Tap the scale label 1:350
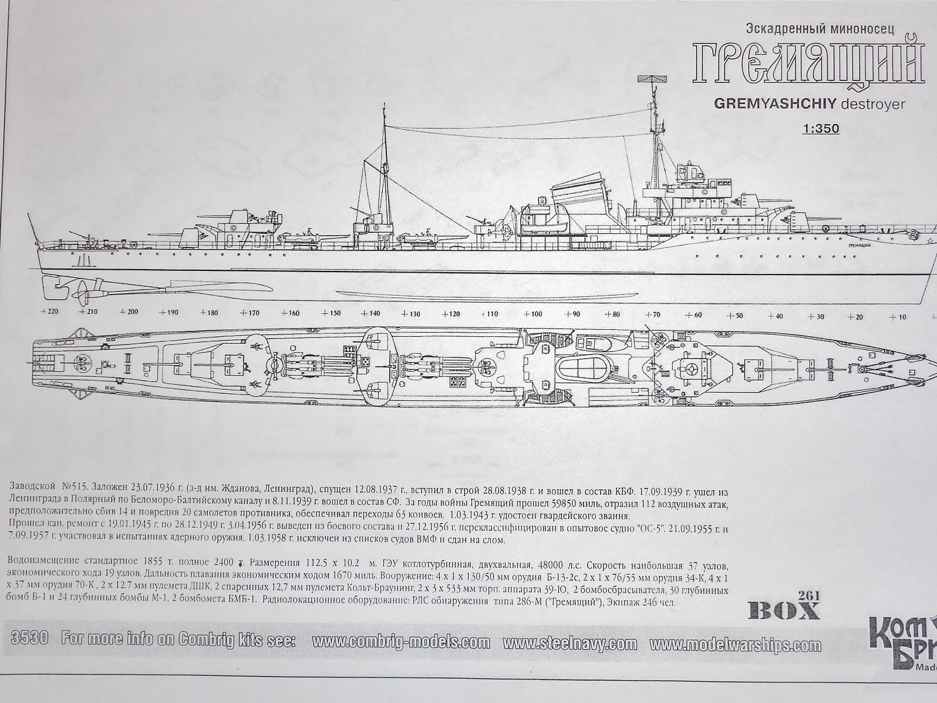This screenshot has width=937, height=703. click(820, 128)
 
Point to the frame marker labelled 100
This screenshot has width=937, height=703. click(532, 314)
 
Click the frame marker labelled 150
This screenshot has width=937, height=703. click(330, 313)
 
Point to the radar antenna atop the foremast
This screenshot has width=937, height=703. click(654, 80)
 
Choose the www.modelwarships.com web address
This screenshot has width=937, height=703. click(736, 645)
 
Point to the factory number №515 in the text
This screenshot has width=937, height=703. click(75, 487)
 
